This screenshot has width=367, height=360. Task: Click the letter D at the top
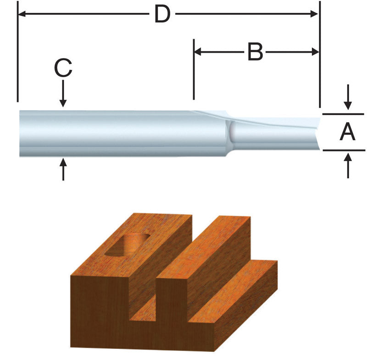(x=162, y=15)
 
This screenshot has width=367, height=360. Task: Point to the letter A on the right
(x=347, y=132)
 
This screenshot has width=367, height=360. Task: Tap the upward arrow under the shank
(x=63, y=165)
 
